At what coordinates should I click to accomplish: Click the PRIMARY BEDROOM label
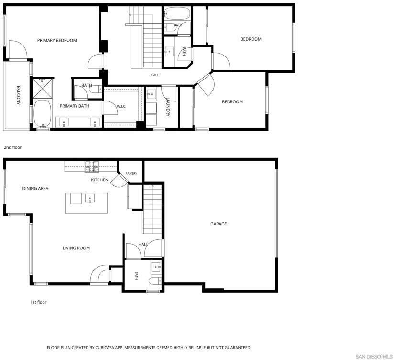pos(57,40)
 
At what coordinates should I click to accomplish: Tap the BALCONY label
pos(18,95)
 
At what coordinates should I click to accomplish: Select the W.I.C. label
pos(121,106)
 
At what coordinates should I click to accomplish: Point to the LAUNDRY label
pos(168,107)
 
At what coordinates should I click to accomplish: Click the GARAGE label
pos(219,224)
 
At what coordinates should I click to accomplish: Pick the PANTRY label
pos(131,174)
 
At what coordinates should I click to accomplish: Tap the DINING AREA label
pos(35,188)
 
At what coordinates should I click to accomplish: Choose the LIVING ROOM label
pos(76,248)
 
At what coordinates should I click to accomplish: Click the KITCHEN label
pos(99,180)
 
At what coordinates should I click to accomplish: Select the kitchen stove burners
pos(92,167)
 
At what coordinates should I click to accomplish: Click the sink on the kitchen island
pos(90,199)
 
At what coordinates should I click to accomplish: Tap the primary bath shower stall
pos(43,89)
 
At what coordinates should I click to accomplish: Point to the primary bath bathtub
pos(43,113)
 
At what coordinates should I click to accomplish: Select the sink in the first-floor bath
pos(156,268)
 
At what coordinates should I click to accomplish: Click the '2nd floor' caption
pos(12,147)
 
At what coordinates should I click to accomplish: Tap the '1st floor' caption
pos(38,302)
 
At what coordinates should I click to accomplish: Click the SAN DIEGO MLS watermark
pos(374,356)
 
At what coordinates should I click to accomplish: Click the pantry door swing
pos(120,180)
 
